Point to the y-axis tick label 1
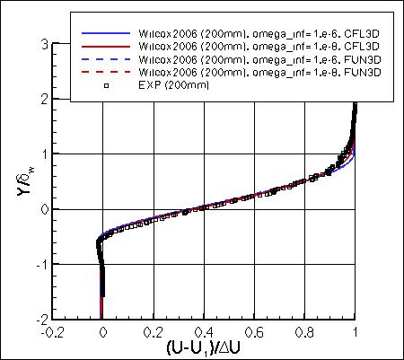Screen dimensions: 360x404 click(43, 154)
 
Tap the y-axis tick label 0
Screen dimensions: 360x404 click(43, 209)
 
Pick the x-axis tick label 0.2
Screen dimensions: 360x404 click(153, 330)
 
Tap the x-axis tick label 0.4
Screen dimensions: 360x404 click(204, 330)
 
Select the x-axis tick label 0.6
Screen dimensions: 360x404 click(255, 330)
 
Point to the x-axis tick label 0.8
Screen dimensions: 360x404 click(305, 330)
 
